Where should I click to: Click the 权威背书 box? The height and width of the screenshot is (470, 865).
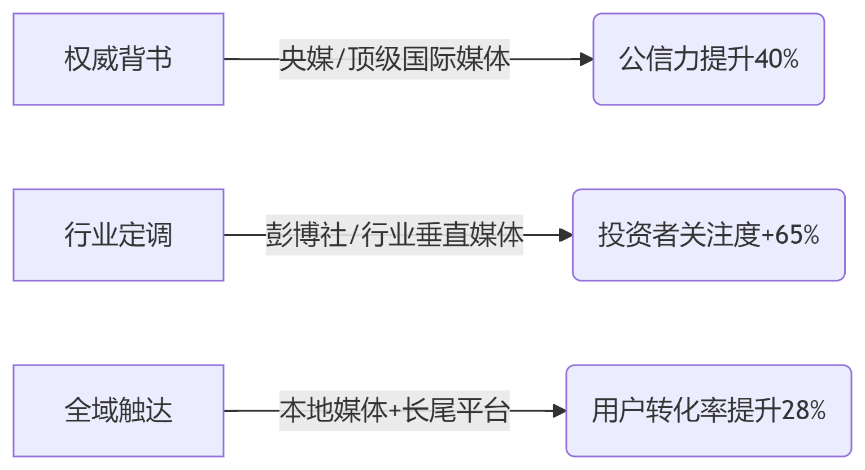click(x=119, y=59)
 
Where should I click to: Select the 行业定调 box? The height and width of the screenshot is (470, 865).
click(x=119, y=235)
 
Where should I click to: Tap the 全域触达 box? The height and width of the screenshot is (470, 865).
click(x=119, y=411)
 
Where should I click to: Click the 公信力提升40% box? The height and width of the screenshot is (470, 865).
click(x=709, y=59)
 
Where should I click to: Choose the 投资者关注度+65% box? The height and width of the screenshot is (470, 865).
click(x=709, y=235)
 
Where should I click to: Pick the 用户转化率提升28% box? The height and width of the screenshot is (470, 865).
click(x=709, y=411)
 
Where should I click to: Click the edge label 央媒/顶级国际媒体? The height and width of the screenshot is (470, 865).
click(x=394, y=59)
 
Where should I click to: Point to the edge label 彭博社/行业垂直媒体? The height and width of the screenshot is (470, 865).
click(x=394, y=235)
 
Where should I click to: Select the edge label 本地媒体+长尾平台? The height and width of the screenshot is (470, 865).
click(x=394, y=411)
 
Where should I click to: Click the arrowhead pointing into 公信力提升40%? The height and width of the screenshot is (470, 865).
click(x=587, y=59)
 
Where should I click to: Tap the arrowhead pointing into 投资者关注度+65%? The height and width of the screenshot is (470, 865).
click(x=566, y=235)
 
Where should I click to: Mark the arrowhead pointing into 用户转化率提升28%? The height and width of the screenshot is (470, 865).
click(x=560, y=411)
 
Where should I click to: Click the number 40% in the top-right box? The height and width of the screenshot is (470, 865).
click(x=776, y=59)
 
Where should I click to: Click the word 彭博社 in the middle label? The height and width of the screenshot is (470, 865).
click(x=306, y=235)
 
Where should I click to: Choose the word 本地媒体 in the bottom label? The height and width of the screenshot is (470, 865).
click(x=334, y=411)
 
